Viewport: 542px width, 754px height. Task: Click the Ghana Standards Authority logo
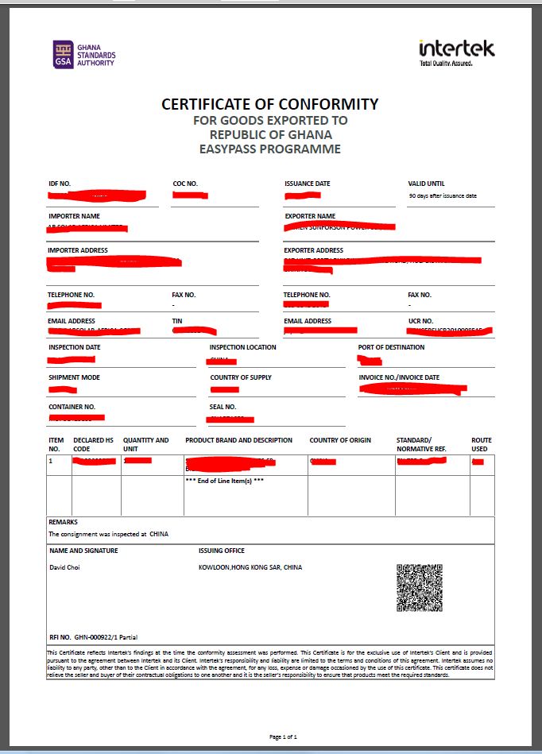[x=83, y=54]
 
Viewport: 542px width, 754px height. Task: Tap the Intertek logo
[x=456, y=52]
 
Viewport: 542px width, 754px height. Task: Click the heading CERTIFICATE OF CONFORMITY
[x=270, y=104]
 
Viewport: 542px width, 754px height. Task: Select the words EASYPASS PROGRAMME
[x=270, y=149]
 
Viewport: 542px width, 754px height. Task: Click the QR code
[x=419, y=588]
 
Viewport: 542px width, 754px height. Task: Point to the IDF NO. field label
[x=60, y=184]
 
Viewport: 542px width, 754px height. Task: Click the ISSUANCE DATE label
[x=308, y=184]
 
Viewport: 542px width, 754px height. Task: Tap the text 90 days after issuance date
[x=443, y=195]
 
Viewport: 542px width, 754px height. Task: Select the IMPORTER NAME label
[x=74, y=216]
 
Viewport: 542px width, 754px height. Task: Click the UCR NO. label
[x=420, y=321]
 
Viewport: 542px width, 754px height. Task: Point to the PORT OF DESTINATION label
[x=391, y=347]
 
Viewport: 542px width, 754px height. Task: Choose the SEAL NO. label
[x=223, y=407]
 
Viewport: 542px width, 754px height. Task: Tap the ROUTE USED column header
[x=482, y=444]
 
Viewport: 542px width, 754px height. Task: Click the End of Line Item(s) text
[x=224, y=481]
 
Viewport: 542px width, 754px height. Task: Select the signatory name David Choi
[x=64, y=567]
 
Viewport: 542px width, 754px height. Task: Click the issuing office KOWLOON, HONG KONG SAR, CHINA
[x=250, y=567]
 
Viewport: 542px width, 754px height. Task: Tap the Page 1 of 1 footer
[x=283, y=737]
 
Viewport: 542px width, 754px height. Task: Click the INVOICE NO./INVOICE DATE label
[x=399, y=377]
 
